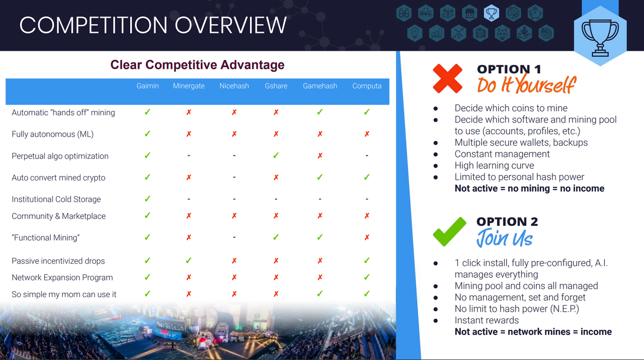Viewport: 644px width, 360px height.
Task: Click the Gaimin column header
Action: click(147, 86)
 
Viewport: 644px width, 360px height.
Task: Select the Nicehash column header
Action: click(234, 86)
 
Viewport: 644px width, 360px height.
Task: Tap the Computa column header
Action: click(367, 86)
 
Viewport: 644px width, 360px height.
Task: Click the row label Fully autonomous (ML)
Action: click(53, 134)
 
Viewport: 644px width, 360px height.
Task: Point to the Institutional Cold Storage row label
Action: click(56, 199)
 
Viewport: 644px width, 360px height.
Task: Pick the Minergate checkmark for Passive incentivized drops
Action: click(189, 260)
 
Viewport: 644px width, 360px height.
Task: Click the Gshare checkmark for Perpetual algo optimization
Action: click(276, 155)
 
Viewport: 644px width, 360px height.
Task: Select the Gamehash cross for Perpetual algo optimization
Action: click(320, 156)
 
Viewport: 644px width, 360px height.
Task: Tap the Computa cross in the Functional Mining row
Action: click(367, 238)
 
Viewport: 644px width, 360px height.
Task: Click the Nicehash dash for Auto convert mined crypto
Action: click(234, 177)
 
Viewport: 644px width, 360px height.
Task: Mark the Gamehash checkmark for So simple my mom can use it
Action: click(320, 294)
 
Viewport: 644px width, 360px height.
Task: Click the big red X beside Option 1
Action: click(448, 78)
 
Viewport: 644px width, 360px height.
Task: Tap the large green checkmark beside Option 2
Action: click(449, 232)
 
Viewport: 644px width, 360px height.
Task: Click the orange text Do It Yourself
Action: click(527, 84)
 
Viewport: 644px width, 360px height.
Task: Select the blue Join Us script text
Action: click(505, 238)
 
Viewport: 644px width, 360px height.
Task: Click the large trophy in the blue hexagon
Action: click(600, 38)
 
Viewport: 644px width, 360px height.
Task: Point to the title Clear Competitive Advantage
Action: click(198, 65)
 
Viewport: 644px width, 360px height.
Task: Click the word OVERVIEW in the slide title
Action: click(230, 25)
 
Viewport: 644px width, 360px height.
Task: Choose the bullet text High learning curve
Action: click(494, 165)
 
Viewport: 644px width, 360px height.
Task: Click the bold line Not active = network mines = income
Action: click(533, 332)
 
